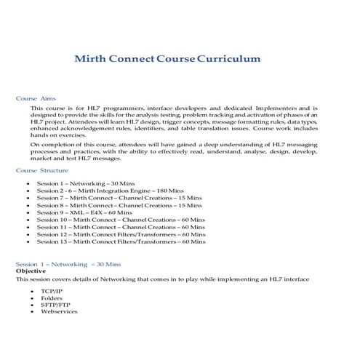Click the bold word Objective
[31, 271]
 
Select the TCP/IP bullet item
[52, 290]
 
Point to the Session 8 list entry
[110, 204]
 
